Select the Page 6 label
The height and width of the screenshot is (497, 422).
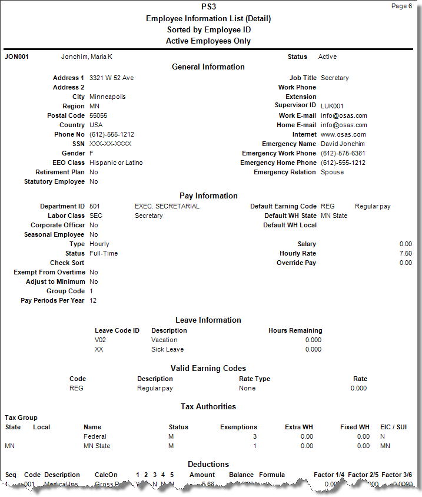coord(401,6)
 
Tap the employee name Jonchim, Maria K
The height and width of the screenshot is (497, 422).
coord(87,57)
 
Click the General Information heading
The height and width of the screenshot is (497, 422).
coord(208,67)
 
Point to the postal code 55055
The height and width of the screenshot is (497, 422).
coord(98,116)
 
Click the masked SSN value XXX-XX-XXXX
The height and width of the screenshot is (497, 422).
coord(110,144)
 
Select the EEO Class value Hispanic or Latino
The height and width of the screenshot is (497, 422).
coord(116,163)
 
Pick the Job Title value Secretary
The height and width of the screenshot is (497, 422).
coord(334,78)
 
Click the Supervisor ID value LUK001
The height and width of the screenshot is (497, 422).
coord(333,107)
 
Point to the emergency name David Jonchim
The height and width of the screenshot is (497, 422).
coord(343,144)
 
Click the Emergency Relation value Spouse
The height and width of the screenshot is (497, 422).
coord(332,173)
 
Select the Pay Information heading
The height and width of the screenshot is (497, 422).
coord(208,196)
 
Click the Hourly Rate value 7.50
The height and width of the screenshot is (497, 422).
coord(406,254)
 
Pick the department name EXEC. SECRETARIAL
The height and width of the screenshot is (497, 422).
coord(167,207)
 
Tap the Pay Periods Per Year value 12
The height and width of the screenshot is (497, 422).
coord(93,301)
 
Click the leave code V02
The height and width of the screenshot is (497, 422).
coord(101,340)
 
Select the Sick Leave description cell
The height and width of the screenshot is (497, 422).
coord(167,349)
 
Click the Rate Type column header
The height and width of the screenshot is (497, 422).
coord(254,379)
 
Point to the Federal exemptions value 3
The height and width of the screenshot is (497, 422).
coord(255,437)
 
